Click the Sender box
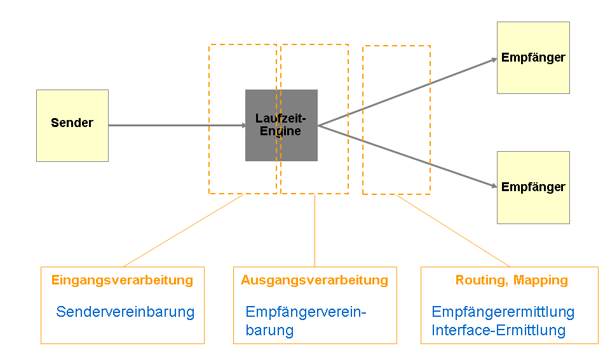tap(72, 125)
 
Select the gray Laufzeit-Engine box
tap(281, 125)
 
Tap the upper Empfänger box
tap(532, 58)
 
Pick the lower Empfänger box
tap(532, 187)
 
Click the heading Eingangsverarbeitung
tap(122, 280)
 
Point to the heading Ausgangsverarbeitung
tap(314, 280)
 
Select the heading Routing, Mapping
tap(512, 280)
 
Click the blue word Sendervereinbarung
tap(125, 312)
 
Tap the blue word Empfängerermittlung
tap(503, 312)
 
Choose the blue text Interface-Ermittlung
tap(498, 330)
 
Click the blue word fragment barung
tap(269, 330)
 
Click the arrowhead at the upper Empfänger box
tap(493, 60)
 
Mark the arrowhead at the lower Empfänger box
tap(493, 185)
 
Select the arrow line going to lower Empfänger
tap(407, 156)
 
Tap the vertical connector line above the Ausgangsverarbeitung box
tap(315, 230)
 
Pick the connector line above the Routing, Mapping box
tap(452, 230)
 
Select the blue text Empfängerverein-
tap(306, 312)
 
